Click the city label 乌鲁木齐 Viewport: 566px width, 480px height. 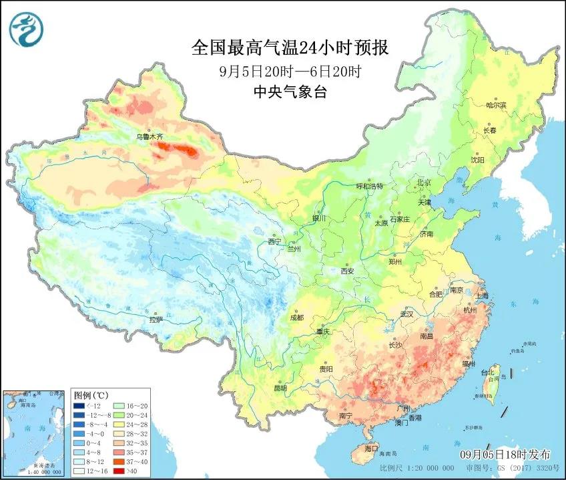click(x=150, y=136)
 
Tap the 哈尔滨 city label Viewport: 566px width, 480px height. click(x=496, y=105)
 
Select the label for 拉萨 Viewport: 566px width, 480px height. click(x=156, y=320)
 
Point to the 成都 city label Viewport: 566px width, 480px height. click(x=296, y=318)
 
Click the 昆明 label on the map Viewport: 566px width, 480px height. click(x=279, y=388)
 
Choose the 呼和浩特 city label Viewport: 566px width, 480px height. click(x=369, y=187)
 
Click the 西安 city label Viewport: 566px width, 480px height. click(x=347, y=271)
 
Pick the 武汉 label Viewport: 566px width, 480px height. click(x=407, y=314)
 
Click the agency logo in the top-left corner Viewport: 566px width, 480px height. click(x=25, y=31)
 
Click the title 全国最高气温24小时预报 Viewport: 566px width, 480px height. click(x=290, y=47)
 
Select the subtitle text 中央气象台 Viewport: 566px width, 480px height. click(x=290, y=93)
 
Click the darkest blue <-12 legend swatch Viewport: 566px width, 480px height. click(x=79, y=405)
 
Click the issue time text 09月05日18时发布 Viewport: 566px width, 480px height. click(x=505, y=454)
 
